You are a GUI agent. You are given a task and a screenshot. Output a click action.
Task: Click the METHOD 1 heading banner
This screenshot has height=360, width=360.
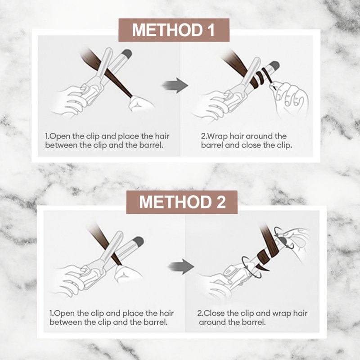click(174, 30)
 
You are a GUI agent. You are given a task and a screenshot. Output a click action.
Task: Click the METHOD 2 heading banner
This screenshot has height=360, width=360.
click(182, 202)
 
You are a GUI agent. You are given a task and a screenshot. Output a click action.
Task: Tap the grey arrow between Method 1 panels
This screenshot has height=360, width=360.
click(175, 85)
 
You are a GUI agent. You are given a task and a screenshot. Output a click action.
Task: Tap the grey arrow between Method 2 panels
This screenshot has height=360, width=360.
click(181, 266)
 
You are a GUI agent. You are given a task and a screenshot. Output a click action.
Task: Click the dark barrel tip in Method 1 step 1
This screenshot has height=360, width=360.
click(126, 54)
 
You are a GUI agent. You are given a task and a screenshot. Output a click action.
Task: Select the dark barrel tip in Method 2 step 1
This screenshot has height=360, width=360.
click(139, 241)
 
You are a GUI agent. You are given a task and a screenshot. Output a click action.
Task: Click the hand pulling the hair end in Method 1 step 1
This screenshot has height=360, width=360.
click(140, 104)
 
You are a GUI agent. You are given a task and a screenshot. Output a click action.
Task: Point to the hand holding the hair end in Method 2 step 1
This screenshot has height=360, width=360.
click(128, 274)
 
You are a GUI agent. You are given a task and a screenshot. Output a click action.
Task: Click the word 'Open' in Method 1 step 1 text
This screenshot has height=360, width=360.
click(60, 136)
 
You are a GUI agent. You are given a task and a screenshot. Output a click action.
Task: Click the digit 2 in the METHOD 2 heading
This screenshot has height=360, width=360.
click(221, 202)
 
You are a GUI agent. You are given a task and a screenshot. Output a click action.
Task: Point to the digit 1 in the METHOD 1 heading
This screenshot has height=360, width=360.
click(211, 30)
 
